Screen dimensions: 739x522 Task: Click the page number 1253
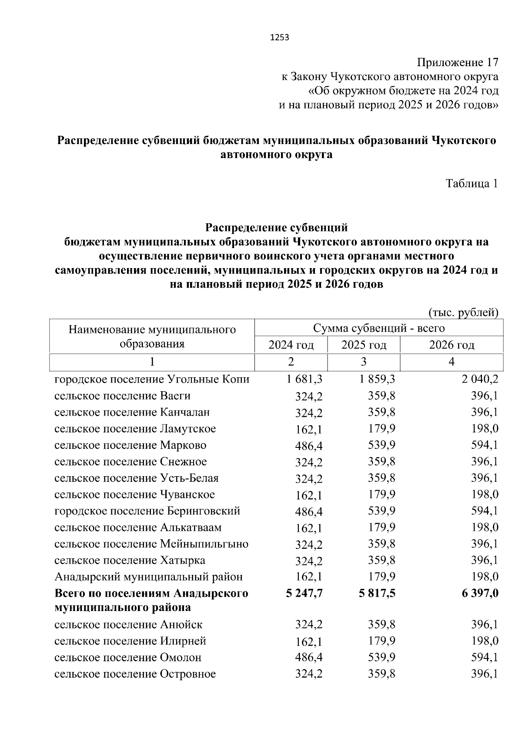(280, 37)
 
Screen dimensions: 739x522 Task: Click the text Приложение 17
(457, 62)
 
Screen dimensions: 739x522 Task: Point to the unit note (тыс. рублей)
(463, 312)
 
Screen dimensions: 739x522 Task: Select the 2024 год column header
(291, 345)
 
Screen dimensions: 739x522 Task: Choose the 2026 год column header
(452, 345)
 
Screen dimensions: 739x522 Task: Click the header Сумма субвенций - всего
(378, 328)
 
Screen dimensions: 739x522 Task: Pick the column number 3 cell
(364, 362)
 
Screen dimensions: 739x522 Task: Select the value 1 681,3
(304, 379)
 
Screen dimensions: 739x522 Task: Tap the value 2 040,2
(480, 379)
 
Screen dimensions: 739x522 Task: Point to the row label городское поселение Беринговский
(147, 511)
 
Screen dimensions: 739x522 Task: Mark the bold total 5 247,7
(304, 593)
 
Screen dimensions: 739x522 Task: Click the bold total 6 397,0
(480, 593)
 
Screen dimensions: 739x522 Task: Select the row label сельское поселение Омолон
(128, 658)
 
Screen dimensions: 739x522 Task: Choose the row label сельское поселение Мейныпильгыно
(151, 544)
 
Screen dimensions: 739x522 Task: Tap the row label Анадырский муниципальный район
(148, 577)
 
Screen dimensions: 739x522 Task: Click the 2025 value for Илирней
(381, 641)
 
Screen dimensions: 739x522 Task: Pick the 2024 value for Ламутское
(309, 430)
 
